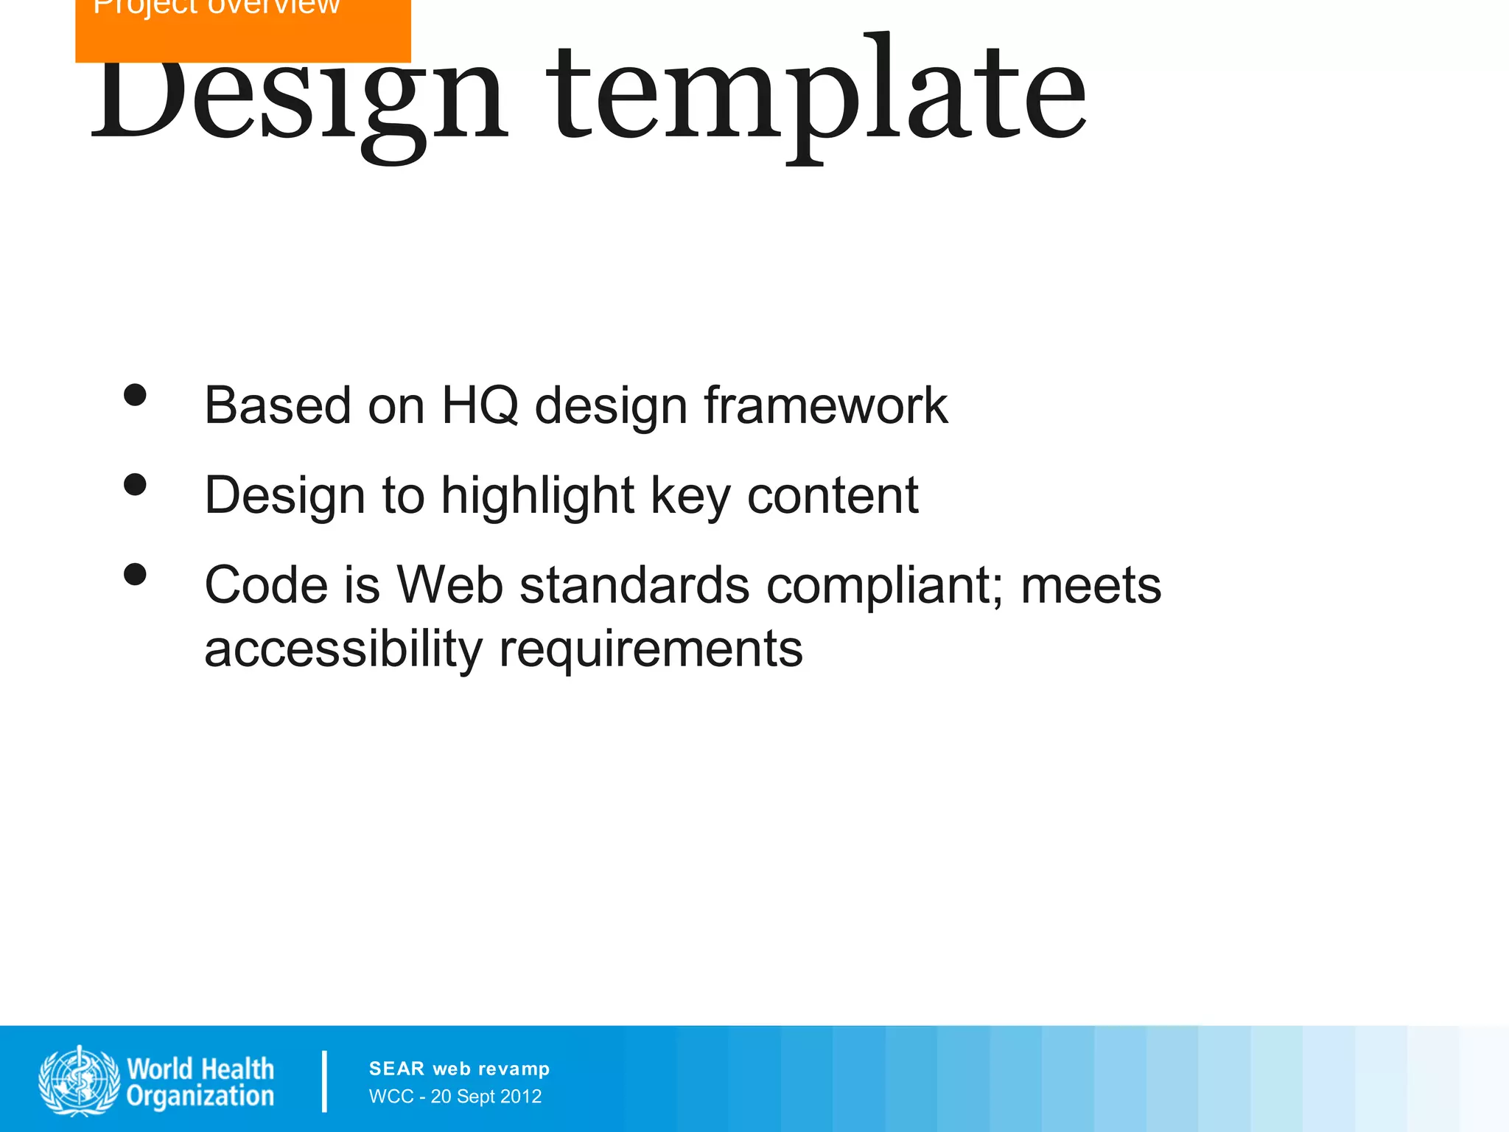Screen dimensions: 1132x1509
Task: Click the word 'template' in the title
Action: click(818, 96)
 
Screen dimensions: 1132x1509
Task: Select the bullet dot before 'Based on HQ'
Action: click(135, 395)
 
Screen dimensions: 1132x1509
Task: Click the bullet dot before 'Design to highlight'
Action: click(135, 485)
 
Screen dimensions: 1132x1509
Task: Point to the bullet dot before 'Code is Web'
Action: click(135, 574)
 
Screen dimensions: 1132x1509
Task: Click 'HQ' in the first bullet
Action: click(480, 405)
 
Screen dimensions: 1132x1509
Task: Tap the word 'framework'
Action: click(825, 405)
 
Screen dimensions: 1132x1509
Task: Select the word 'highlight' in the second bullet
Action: click(537, 495)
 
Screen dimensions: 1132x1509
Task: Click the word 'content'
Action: click(833, 495)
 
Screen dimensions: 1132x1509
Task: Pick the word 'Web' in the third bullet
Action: click(449, 585)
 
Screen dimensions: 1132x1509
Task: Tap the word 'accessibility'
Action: click(343, 649)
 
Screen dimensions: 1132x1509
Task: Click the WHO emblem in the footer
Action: click(79, 1080)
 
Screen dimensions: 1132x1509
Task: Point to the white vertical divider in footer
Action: click(324, 1080)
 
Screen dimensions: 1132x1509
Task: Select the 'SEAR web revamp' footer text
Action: click(459, 1069)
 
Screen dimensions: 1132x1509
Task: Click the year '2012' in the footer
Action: click(521, 1097)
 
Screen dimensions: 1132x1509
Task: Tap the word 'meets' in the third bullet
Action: click(1090, 585)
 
